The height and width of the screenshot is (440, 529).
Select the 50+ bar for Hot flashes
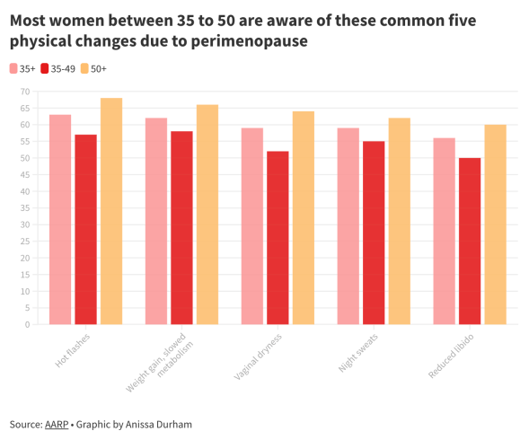111,211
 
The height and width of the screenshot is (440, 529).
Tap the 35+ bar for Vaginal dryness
252,225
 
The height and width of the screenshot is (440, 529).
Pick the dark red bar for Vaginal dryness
278,237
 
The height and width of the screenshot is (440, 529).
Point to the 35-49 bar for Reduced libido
470,241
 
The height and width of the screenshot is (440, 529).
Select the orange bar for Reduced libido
495,224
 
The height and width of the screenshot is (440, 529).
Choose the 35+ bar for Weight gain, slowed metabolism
156,221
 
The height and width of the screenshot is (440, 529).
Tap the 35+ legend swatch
13,68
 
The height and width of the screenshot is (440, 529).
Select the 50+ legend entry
93,68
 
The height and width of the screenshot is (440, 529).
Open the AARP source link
55,424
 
